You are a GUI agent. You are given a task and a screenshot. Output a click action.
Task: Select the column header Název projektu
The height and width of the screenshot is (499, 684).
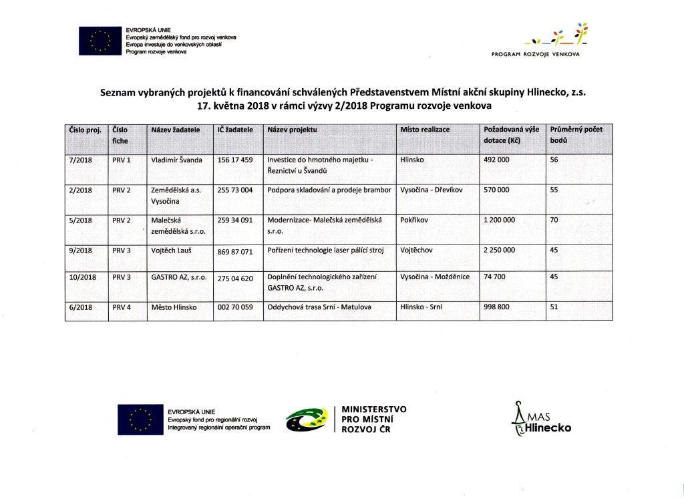pyautogui.click(x=292, y=130)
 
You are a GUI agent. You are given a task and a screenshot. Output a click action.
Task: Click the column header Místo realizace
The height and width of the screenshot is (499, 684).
pyautogui.click(x=425, y=130)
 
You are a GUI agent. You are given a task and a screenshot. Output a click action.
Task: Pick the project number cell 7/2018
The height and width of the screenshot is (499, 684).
pyautogui.click(x=80, y=160)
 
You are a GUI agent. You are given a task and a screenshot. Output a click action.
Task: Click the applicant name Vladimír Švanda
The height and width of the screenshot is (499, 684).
pyautogui.click(x=177, y=160)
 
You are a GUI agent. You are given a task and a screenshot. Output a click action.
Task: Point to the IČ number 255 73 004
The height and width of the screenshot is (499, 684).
pyautogui.click(x=235, y=190)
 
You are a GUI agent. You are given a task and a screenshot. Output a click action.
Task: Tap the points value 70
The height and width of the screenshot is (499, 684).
pyautogui.click(x=554, y=219)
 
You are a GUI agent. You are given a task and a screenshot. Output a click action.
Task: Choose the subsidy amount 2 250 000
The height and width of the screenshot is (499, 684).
pyautogui.click(x=499, y=250)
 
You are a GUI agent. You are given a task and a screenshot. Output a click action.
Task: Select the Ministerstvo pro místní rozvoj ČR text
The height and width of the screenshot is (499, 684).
pyautogui.click(x=373, y=419)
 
